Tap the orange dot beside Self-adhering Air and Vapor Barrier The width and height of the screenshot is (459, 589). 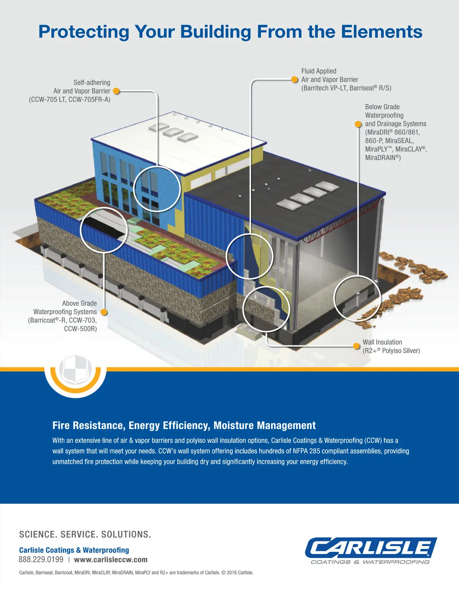tap(116, 91)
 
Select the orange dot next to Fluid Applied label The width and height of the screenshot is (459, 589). tap(295, 80)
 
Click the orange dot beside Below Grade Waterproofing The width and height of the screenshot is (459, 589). tap(358, 124)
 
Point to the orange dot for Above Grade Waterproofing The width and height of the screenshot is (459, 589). tap(103, 312)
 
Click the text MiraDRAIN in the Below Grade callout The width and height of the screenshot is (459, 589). tap(382, 158)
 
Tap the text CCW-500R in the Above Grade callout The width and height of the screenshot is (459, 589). tap(80, 329)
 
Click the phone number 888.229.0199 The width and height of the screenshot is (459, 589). tap(41, 560)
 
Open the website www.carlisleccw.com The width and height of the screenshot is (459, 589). tap(111, 560)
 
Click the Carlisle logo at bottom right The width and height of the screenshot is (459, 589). tap(370, 550)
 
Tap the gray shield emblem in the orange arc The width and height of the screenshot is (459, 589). tap(75, 370)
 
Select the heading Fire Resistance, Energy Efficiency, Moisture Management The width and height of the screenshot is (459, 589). tap(184, 426)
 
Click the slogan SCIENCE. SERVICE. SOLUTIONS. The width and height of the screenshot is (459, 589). tap(85, 534)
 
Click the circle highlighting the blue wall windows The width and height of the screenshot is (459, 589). tap(157, 188)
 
